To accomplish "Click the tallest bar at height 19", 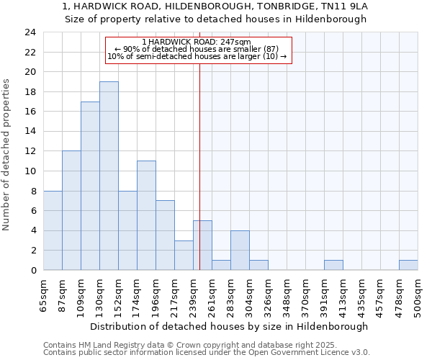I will pyautogui.click(x=109, y=176).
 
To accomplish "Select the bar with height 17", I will pyautogui.click(x=90, y=186).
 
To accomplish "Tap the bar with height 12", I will pyautogui.click(x=71, y=210).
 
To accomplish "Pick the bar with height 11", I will pyautogui.click(x=146, y=215).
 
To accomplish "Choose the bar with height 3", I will pyautogui.click(x=184, y=255).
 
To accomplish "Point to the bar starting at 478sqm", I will pyautogui.click(x=408, y=265).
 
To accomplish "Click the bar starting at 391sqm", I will pyautogui.click(x=333, y=265).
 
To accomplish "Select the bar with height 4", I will pyautogui.click(x=240, y=251).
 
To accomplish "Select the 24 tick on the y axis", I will pyautogui.click(x=30, y=32).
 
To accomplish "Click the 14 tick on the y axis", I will pyautogui.click(x=30, y=132).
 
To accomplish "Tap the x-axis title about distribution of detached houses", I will pyautogui.click(x=230, y=326).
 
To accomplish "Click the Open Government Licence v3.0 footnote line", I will pyautogui.click(x=207, y=353).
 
